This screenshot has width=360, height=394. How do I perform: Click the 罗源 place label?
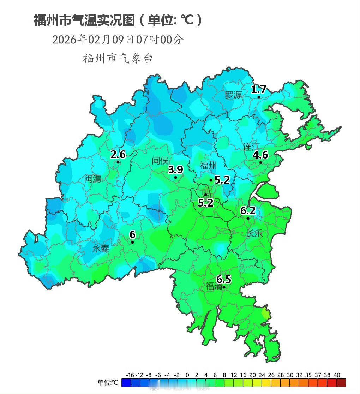click(234, 95)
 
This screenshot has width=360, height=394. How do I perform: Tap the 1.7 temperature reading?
click(258, 89)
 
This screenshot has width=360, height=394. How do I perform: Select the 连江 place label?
click(251, 147)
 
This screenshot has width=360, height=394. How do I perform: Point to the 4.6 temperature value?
click(260, 155)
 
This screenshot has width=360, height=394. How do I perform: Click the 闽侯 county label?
click(160, 161)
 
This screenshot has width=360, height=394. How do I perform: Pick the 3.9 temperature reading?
click(175, 170)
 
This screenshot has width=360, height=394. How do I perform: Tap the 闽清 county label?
click(93, 179)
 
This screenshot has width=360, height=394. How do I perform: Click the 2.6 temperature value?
click(118, 154)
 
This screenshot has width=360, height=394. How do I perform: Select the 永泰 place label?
click(101, 249)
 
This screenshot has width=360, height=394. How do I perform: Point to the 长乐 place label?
click(254, 233)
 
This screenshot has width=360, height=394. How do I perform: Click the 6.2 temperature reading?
click(248, 211)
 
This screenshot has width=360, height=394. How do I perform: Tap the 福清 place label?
click(214, 287)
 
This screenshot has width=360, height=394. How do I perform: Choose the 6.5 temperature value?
click(224, 280)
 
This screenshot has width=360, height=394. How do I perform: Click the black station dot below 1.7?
click(259, 97)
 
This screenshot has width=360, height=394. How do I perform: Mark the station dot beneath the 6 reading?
click(132, 242)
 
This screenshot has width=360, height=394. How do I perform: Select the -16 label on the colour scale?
click(130, 375)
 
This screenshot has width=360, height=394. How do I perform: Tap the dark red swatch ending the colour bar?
click(341, 383)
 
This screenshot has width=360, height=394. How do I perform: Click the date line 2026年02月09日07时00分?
click(118, 40)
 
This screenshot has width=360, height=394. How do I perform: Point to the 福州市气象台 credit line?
click(118, 58)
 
